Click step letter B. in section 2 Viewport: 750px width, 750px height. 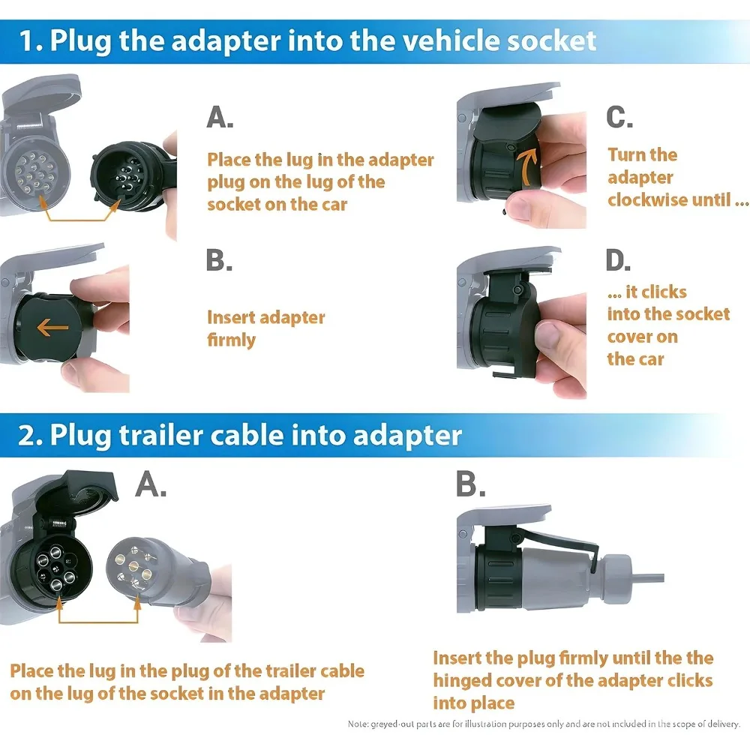[x=471, y=485]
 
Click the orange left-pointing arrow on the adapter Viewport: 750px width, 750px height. [x=52, y=327]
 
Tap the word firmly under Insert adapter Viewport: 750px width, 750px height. [x=232, y=340]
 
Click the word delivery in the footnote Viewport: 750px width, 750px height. [x=721, y=724]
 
